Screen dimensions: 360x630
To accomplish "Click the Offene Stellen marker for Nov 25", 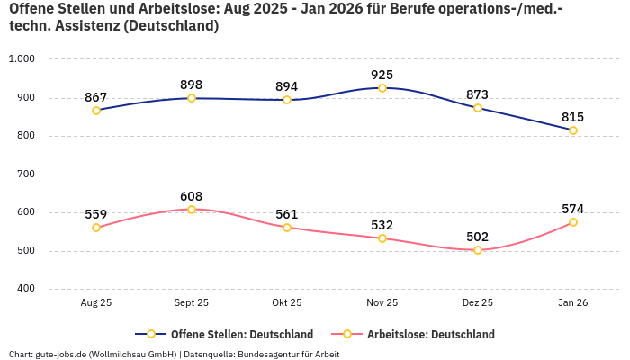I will tap(382, 88).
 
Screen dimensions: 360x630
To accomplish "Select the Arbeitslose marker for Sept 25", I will tap(192, 210).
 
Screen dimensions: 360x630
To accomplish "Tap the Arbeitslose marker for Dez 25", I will tap(478, 250).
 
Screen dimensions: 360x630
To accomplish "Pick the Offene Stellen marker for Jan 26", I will tap(573, 130).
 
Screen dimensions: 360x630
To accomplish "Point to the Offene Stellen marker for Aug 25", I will tap(96, 111).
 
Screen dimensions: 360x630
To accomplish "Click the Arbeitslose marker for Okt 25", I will tap(287, 228).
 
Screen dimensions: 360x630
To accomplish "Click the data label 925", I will tap(382, 75).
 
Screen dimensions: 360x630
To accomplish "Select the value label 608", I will tap(192, 196).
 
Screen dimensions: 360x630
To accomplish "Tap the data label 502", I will tap(478, 237).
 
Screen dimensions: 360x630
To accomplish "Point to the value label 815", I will tap(573, 117).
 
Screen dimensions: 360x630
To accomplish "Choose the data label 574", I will tap(573, 209).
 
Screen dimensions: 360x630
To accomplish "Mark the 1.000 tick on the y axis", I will tap(21, 59).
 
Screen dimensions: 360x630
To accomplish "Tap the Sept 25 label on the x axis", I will tap(192, 303).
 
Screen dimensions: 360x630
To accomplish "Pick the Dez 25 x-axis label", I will tap(478, 303).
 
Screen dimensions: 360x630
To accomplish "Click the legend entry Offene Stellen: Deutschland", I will tap(230, 334).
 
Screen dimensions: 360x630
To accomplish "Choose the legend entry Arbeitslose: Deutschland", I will tap(421, 334).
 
